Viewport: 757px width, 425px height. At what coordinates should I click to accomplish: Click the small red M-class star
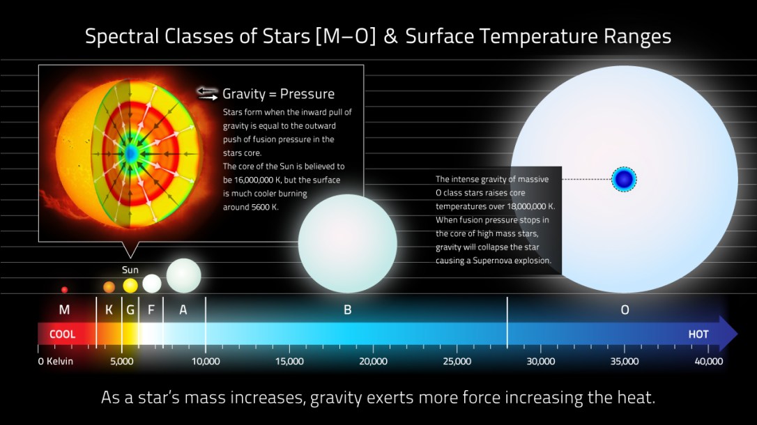(65, 289)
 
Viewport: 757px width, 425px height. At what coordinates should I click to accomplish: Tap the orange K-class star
(109, 286)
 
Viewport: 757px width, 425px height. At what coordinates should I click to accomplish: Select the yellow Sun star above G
(130, 285)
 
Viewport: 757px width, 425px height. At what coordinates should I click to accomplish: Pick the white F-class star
(152, 283)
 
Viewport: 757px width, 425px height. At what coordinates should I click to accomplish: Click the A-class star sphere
(183, 275)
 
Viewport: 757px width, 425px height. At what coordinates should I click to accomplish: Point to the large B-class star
(347, 243)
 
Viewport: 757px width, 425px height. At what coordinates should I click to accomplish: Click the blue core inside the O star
(625, 180)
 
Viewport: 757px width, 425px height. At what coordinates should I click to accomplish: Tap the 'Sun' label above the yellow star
(130, 270)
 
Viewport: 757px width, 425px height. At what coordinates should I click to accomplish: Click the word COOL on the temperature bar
(62, 334)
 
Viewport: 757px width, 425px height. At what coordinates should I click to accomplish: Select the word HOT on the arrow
(698, 334)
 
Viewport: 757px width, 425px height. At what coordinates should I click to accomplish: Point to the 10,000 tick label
(206, 362)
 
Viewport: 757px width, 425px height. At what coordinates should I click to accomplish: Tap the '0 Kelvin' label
(55, 362)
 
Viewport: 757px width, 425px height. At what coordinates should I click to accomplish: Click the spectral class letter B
(347, 310)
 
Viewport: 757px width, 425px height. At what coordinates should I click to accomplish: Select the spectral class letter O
(625, 310)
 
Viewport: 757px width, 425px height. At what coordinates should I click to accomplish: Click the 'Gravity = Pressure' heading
(278, 94)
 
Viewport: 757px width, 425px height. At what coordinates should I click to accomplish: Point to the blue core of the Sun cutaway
(130, 153)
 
